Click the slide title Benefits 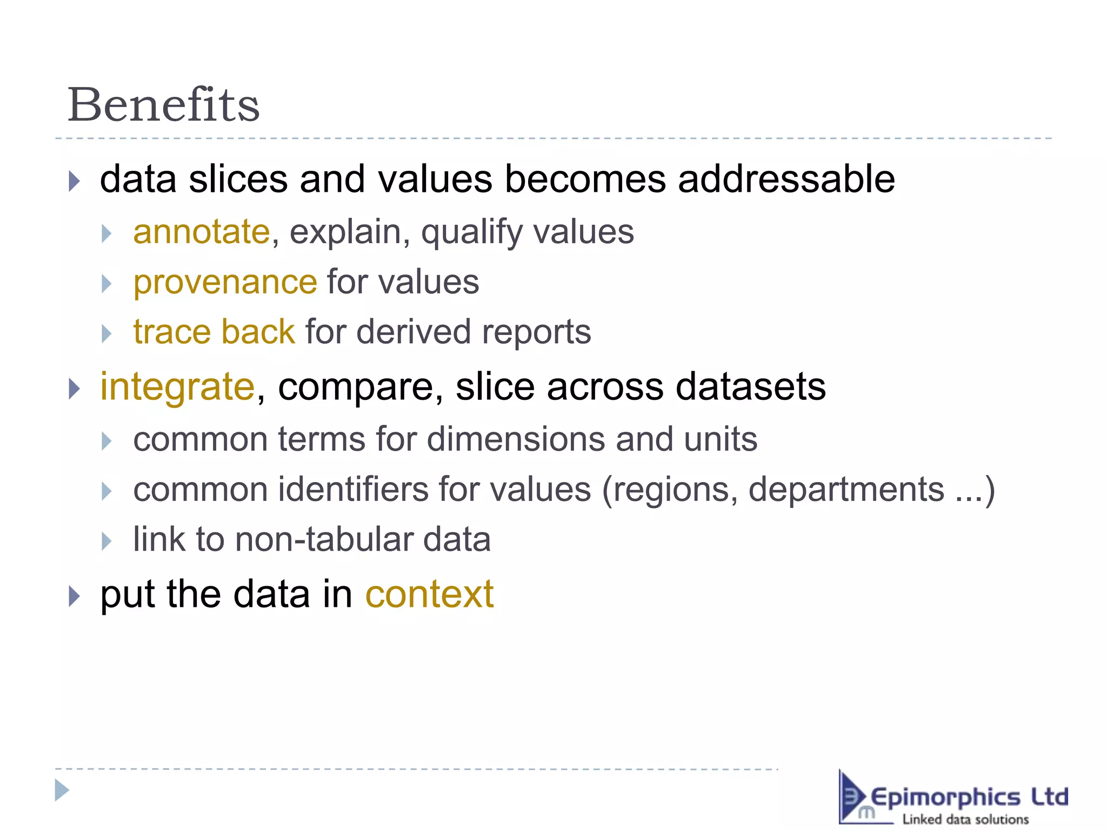point(163,105)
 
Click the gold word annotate point(201,232)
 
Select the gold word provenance point(225,283)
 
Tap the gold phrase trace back point(214,332)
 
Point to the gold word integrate point(177,387)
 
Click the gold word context point(429,594)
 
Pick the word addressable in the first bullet point(786,179)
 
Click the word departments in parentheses point(846,490)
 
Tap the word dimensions point(516,439)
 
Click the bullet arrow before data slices point(75,181)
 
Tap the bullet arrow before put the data point(75,596)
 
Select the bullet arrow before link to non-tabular point(106,541)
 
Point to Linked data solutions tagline point(965,819)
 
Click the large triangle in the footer point(62,791)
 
